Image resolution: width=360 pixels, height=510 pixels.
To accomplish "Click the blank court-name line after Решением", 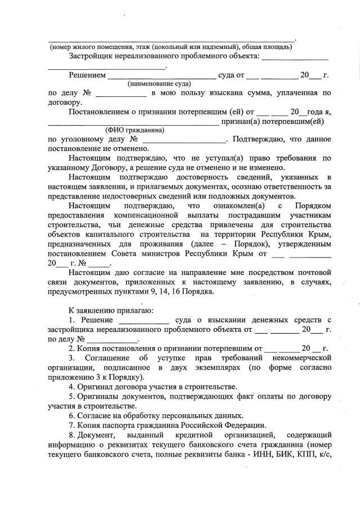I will point(161,75).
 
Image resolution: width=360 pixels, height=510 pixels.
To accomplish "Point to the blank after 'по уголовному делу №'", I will point(184,139).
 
